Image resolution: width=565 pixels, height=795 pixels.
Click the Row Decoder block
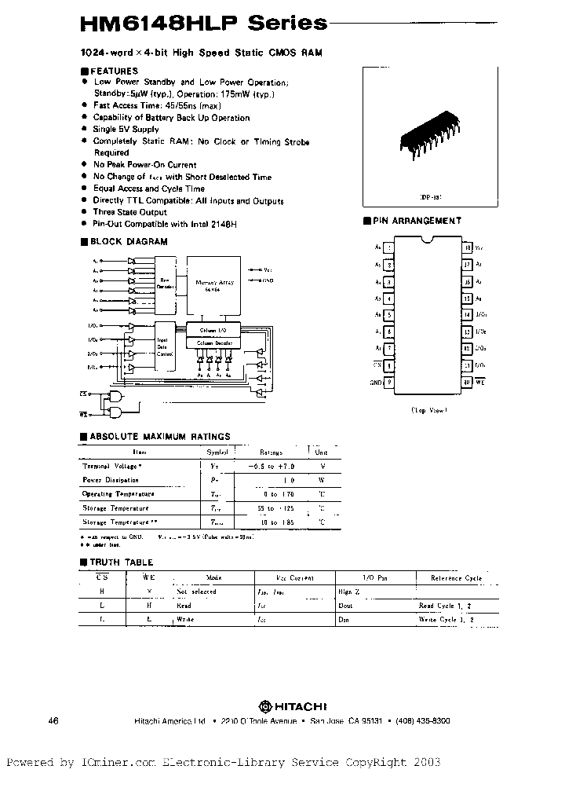[x=166, y=284]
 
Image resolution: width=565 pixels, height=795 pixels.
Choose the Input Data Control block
[x=166, y=343]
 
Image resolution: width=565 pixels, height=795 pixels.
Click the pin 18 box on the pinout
[x=467, y=247]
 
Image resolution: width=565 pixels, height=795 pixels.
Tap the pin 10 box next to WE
[x=467, y=383]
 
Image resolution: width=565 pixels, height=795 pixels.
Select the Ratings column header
[x=271, y=452]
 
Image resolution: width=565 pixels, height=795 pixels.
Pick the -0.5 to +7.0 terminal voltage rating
[x=271, y=466]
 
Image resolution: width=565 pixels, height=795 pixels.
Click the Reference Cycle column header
[x=456, y=577]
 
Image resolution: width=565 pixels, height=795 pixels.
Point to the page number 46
[x=53, y=721]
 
